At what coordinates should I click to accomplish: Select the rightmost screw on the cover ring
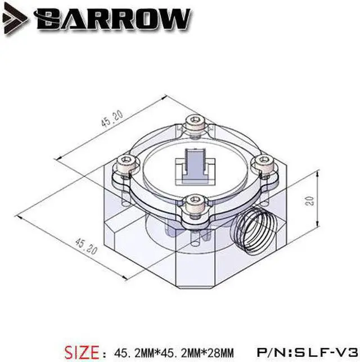[x=260, y=164]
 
